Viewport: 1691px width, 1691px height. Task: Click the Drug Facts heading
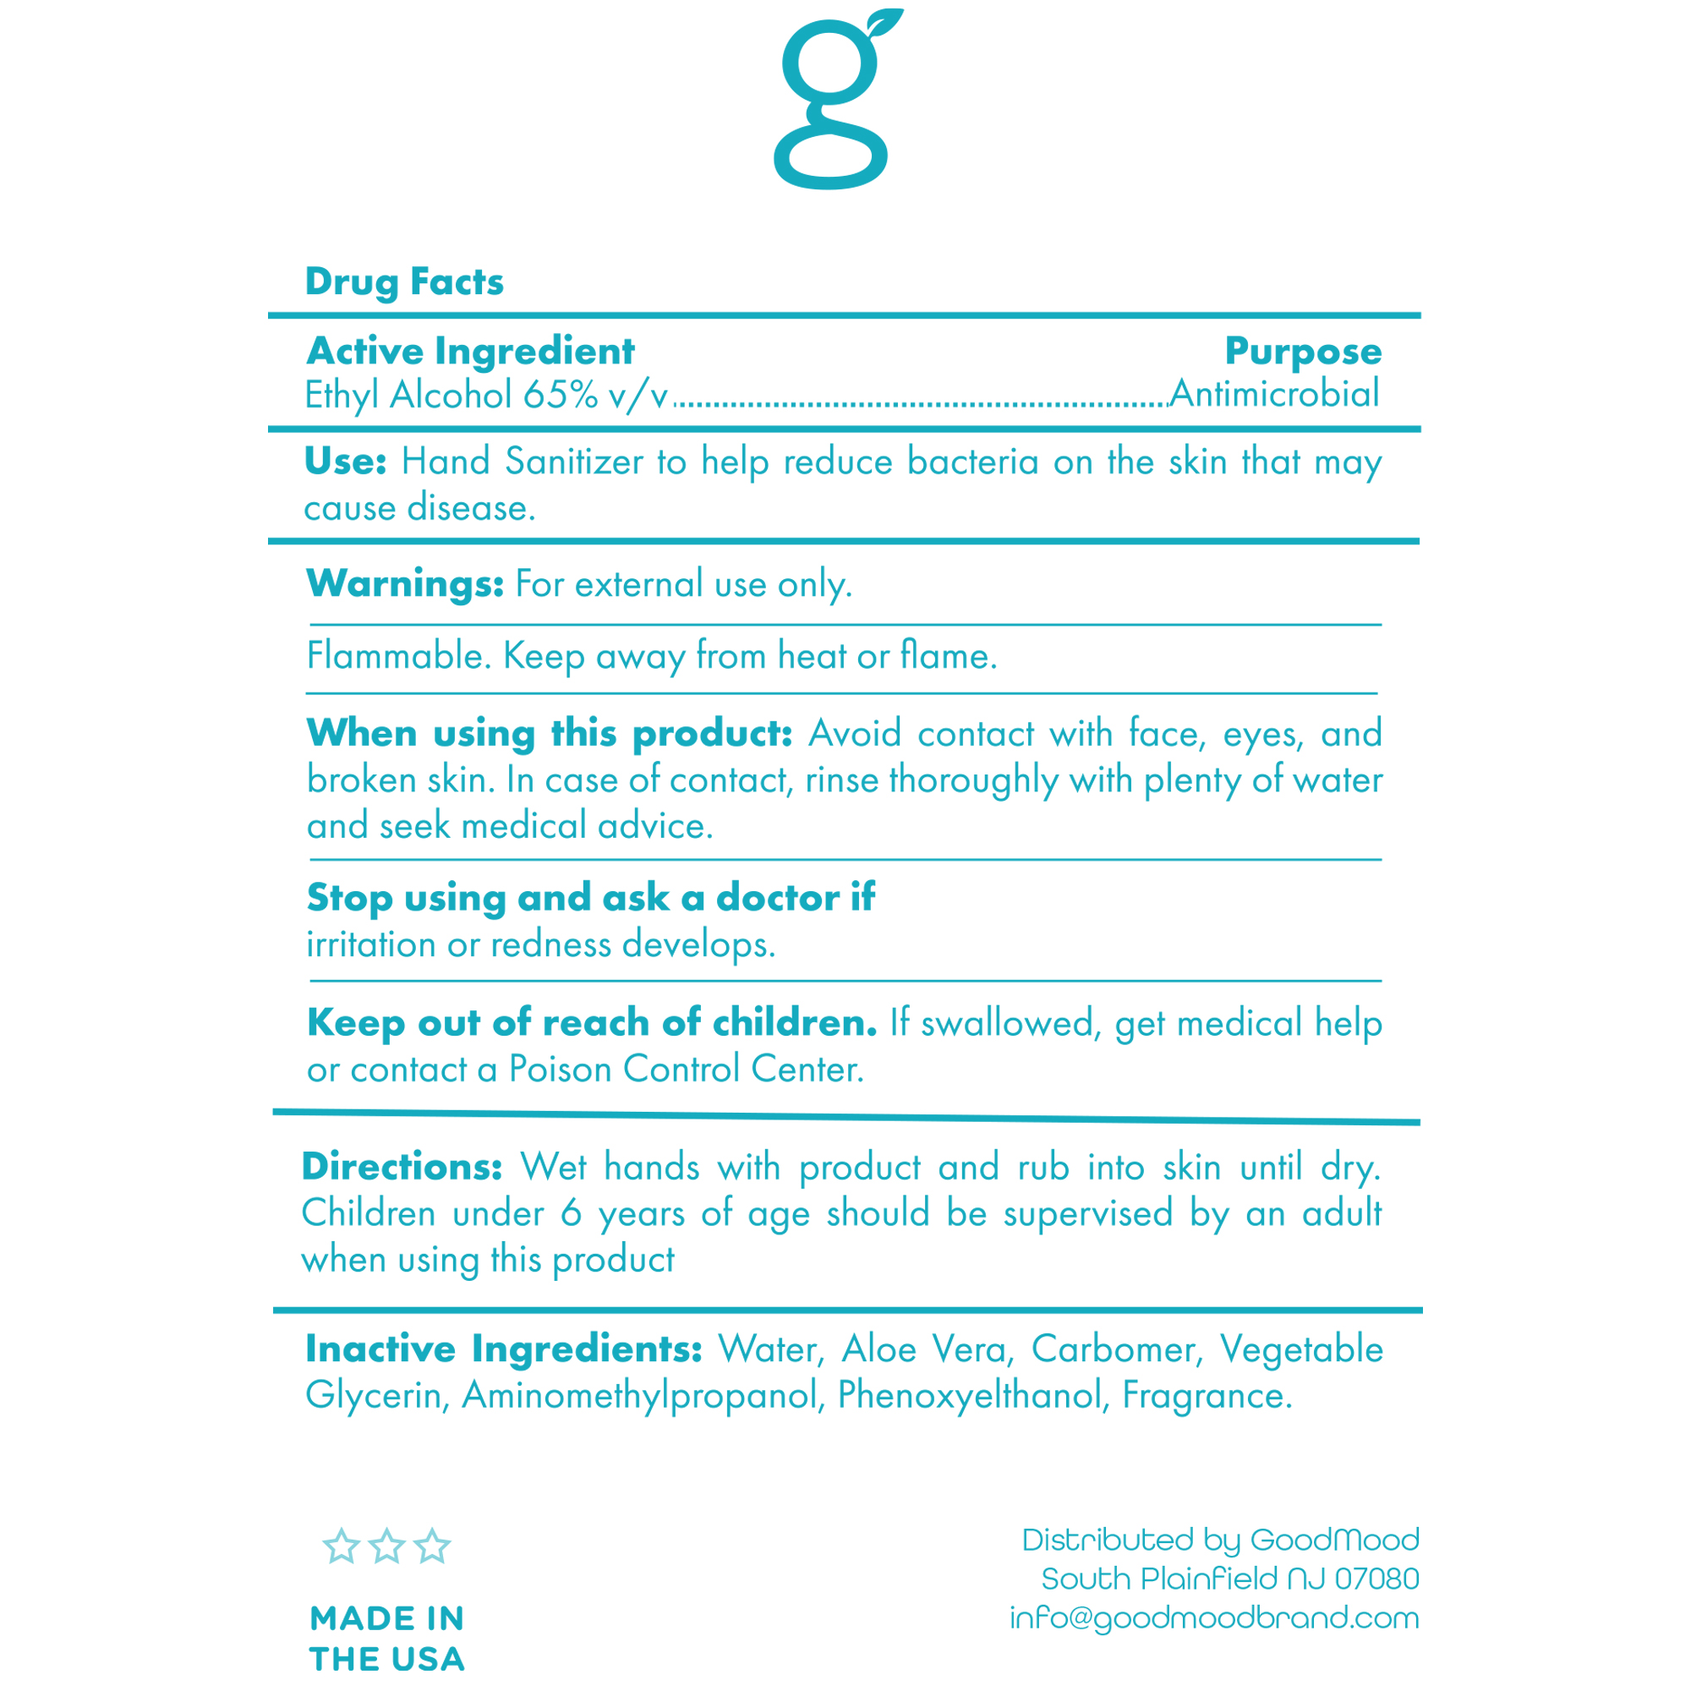coord(403,282)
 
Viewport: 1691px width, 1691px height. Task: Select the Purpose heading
coord(1302,352)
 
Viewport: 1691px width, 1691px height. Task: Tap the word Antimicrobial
coord(1274,394)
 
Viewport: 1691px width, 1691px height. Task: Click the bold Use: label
coord(345,462)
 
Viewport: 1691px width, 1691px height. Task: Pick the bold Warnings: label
coord(404,583)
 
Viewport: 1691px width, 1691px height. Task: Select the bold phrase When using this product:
coord(549,733)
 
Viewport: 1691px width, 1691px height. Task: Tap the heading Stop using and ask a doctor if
coord(590,898)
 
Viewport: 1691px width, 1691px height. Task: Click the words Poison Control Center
coord(687,1070)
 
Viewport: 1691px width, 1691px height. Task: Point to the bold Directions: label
coord(402,1167)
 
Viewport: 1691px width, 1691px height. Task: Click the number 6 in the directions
coord(571,1214)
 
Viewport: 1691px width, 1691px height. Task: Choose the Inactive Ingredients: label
coord(503,1349)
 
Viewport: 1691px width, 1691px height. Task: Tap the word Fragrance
coord(1207,1395)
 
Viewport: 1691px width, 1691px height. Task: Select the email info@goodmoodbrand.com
coord(1214,1617)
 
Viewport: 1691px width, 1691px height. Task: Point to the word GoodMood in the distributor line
coord(1334,1540)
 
